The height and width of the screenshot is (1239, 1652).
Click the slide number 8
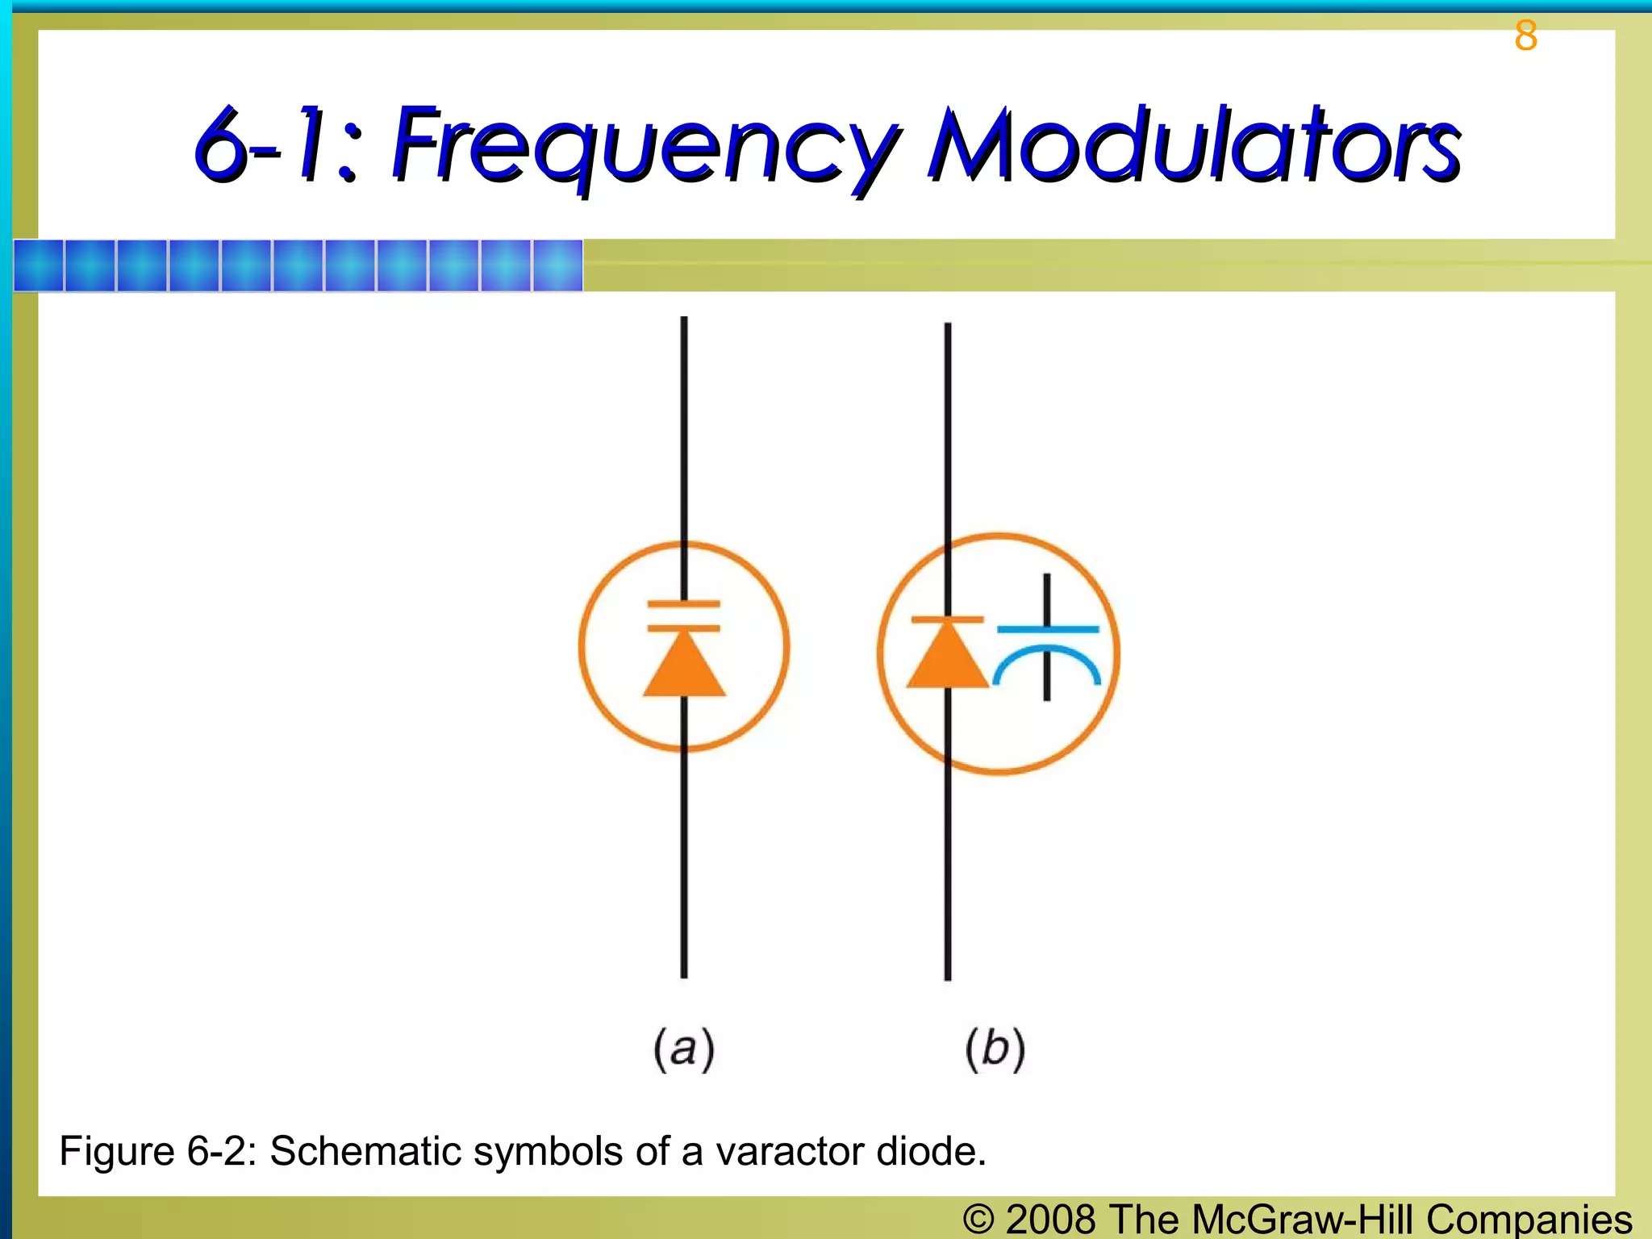click(1525, 36)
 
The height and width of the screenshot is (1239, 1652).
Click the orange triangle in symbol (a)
click(684, 665)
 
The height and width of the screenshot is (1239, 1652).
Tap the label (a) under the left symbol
click(684, 1049)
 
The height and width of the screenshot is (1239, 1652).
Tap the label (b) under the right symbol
click(995, 1049)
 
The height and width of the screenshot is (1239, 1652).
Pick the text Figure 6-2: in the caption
click(158, 1151)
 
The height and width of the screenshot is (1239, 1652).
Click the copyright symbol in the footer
click(978, 1219)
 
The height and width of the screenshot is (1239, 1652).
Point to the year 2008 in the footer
click(1051, 1219)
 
